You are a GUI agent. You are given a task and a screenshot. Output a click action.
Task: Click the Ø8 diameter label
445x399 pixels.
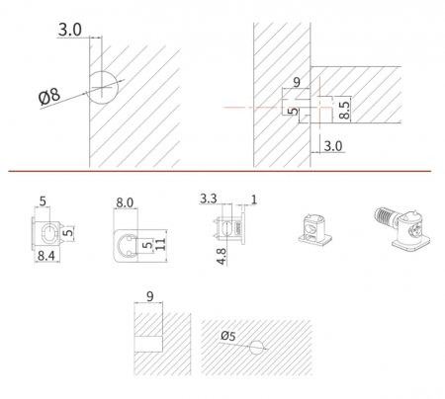49,97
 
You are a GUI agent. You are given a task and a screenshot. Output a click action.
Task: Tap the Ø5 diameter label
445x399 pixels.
228,336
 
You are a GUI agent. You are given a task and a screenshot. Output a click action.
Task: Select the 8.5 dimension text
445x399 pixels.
344,110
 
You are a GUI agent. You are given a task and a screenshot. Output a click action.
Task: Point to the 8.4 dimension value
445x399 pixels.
46,256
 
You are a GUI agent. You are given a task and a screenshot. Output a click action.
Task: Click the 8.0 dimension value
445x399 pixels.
125,202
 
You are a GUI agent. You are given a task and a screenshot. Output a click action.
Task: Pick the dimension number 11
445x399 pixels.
160,244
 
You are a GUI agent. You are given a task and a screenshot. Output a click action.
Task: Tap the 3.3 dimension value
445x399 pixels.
209,199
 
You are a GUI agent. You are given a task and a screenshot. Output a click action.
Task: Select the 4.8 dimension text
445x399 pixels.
222,257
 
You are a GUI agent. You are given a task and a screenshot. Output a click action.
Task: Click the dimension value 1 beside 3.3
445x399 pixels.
253,199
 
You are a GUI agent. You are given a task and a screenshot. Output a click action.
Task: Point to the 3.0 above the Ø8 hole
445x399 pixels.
70,30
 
